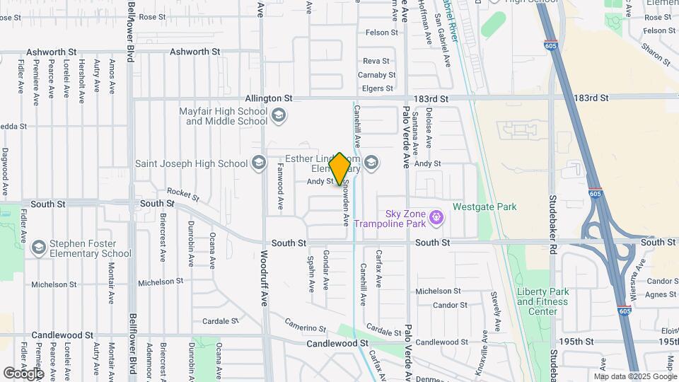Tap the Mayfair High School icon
click(279, 115)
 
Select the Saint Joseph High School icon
click(258, 163)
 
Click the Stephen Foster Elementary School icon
click(38, 247)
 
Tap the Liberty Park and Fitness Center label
click(542, 301)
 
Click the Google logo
click(23, 373)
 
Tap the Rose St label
click(152, 17)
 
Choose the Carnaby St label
click(376, 75)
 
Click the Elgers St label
click(377, 88)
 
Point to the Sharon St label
click(656, 53)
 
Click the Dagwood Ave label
click(5, 172)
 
